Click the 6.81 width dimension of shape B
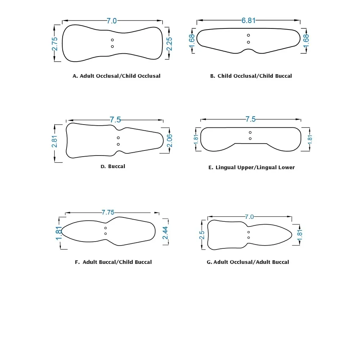click(x=248, y=21)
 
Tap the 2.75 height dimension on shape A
click(x=55, y=44)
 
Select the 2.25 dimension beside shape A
click(x=169, y=44)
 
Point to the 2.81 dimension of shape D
click(x=54, y=141)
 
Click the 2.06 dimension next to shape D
click(x=170, y=141)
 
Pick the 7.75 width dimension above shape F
click(x=108, y=212)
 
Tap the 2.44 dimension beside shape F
click(x=165, y=233)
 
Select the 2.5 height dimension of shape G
click(x=202, y=235)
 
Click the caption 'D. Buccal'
click(x=113, y=166)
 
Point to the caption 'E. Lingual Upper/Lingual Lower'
click(x=251, y=167)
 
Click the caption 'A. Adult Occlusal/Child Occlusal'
click(x=116, y=76)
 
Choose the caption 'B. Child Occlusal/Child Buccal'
click(x=251, y=76)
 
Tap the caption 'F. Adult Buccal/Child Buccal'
click(x=113, y=262)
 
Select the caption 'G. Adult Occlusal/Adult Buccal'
click(x=248, y=262)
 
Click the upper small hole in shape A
click(x=112, y=40)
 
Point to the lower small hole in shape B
click(x=248, y=42)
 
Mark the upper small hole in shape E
click(x=250, y=132)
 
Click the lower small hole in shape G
click(x=249, y=238)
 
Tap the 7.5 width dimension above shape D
click(x=115, y=120)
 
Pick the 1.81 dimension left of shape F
click(x=59, y=233)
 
